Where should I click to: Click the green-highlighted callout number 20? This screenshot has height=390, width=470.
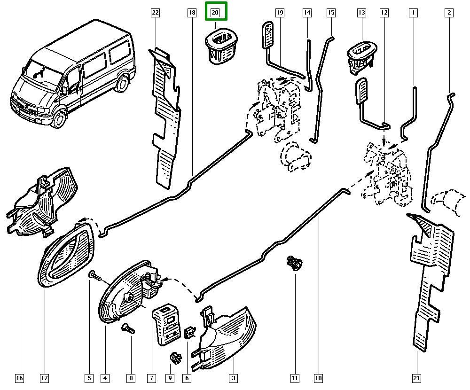click(x=215, y=13)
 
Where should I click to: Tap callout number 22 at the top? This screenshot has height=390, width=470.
click(x=156, y=13)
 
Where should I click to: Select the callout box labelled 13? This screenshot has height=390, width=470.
click(x=361, y=13)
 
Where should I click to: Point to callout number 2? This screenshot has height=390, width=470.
click(x=449, y=13)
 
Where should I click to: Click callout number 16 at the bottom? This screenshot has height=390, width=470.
click(x=19, y=377)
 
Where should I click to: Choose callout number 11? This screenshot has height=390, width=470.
click(x=295, y=377)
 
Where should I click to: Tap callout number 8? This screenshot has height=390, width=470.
click(x=131, y=377)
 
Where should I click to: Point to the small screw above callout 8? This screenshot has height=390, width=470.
click(x=127, y=328)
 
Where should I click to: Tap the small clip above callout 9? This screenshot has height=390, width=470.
click(x=175, y=358)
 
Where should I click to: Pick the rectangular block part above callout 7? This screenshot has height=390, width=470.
click(x=167, y=322)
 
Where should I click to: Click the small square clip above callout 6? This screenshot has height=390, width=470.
click(x=190, y=332)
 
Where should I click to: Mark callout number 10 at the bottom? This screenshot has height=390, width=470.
click(x=319, y=377)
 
